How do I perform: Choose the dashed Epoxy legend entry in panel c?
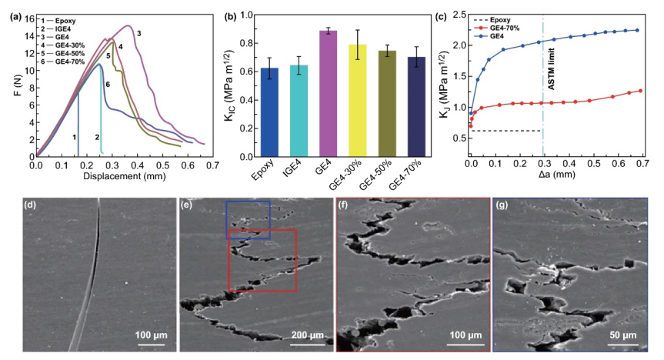pos(496,18)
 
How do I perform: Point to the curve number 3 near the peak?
pos(138,34)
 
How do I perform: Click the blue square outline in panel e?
pos(248,220)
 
